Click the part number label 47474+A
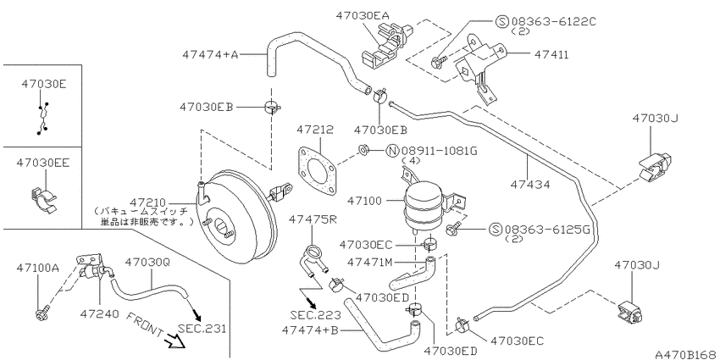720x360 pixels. [210, 55]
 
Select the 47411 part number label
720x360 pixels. [551, 55]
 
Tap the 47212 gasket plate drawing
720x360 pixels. [317, 171]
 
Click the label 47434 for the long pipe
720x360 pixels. [530, 185]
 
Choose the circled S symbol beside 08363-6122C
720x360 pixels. [502, 21]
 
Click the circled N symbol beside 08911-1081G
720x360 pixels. [392, 151]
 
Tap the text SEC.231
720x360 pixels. [202, 329]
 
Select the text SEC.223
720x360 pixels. [315, 315]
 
